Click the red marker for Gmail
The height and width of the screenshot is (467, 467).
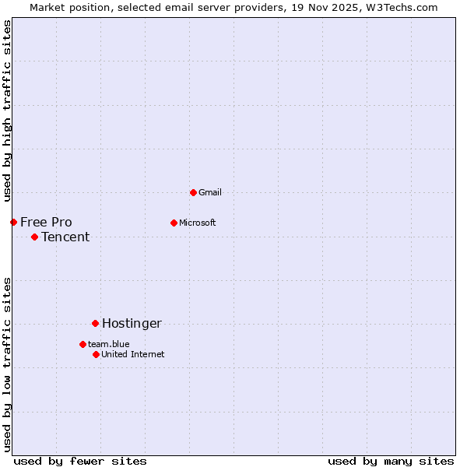[x=193, y=192]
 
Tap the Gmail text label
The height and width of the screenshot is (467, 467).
[x=210, y=192]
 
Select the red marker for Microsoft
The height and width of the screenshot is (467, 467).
[x=174, y=223]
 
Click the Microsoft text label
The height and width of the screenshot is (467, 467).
[x=198, y=223]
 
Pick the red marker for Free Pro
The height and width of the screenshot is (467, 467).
[x=13, y=222]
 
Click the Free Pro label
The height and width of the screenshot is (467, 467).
[x=46, y=223]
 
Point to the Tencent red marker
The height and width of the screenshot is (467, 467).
[x=34, y=237]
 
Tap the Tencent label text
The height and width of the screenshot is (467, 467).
[x=65, y=237]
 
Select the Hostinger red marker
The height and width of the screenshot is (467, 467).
[x=95, y=323]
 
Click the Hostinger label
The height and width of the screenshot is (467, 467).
[x=132, y=324]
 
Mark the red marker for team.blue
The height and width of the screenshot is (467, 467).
[x=83, y=344]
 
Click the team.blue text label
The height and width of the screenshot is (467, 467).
[x=109, y=344]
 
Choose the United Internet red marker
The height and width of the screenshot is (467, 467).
[x=96, y=354]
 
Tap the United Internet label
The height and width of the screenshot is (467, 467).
[x=133, y=354]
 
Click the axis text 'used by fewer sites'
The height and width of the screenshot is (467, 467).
[x=80, y=461]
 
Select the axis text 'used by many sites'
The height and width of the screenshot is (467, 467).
[x=391, y=461]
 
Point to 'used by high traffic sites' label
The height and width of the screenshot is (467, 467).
[x=7, y=110]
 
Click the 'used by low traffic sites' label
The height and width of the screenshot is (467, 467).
[x=7, y=363]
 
